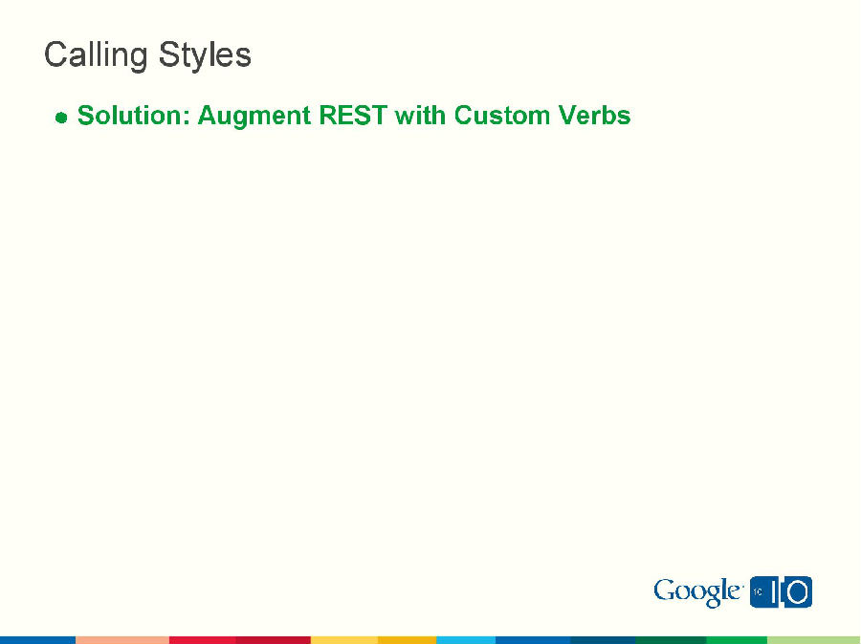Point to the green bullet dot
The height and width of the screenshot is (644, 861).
point(61,118)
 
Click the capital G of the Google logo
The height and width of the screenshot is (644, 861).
point(665,591)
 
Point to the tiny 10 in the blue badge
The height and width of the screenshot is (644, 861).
point(758,592)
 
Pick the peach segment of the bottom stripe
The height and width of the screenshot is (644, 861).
point(121,639)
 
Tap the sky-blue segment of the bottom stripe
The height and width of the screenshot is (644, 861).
point(465,639)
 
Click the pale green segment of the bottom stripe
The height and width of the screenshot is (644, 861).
point(813,639)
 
